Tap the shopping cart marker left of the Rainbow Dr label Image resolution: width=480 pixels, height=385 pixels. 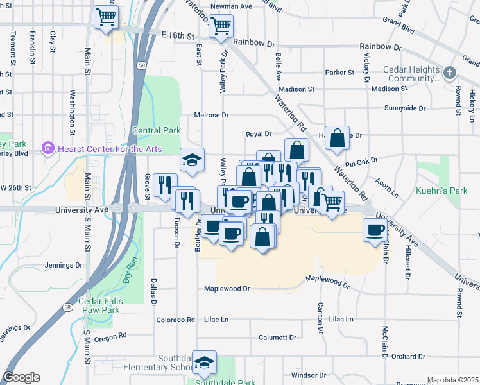[221, 26]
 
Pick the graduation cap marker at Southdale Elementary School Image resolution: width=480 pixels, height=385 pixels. [205, 363]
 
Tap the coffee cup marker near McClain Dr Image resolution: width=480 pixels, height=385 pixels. [375, 230]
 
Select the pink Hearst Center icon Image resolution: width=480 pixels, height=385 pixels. [47, 149]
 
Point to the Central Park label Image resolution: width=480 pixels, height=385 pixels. [157, 130]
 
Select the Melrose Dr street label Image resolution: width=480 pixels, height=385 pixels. [212, 115]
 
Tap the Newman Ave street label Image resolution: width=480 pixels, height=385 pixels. [232, 6]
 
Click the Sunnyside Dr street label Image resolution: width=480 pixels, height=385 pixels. [405, 108]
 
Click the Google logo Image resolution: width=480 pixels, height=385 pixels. [21, 377]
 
